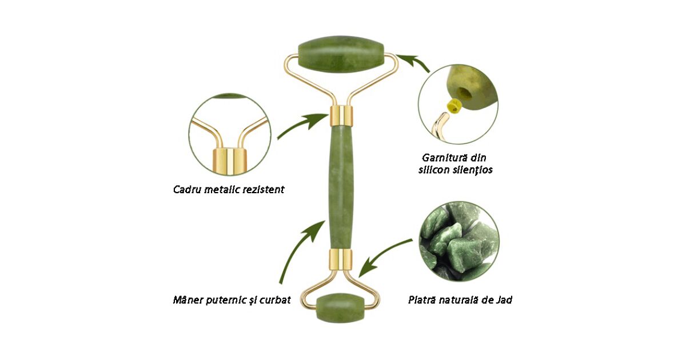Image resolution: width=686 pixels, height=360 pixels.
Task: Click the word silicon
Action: [440, 170]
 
